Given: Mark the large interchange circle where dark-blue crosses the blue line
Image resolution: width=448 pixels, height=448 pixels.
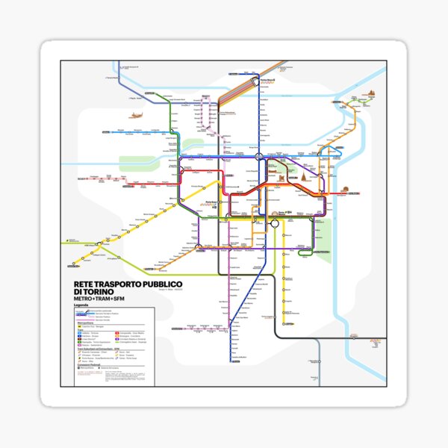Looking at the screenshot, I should (x=254, y=158).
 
